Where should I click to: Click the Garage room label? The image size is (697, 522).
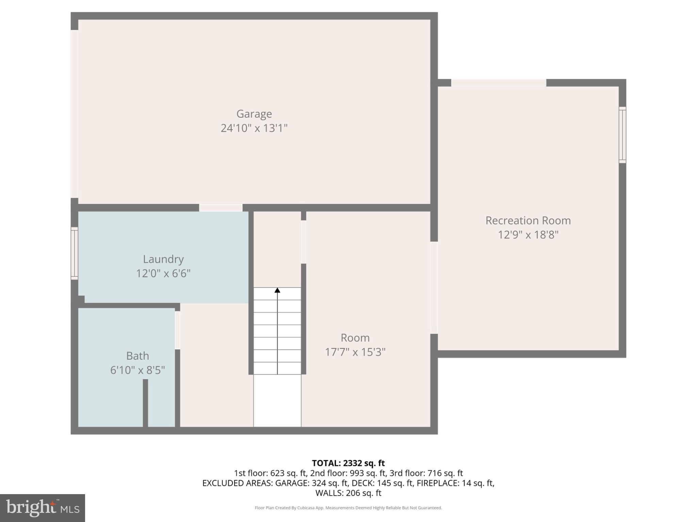click(254, 114)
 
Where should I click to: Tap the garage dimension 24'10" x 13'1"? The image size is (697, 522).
click(254, 128)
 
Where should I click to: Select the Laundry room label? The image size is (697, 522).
click(163, 259)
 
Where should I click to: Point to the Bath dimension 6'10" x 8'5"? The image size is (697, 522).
click(137, 370)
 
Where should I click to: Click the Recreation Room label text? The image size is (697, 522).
click(528, 220)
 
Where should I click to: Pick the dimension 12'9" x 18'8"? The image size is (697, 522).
click(528, 235)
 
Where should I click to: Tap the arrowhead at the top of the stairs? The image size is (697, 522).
click(277, 290)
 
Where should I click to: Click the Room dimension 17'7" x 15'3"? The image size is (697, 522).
click(355, 352)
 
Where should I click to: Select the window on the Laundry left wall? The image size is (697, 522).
click(74, 253)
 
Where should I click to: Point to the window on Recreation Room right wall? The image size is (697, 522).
click(622, 135)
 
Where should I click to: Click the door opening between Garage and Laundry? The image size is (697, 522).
click(221, 208)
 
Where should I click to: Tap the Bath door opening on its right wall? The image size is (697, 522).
click(177, 330)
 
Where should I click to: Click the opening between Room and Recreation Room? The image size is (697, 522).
click(434, 288)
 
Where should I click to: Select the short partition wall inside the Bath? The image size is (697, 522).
click(145, 403)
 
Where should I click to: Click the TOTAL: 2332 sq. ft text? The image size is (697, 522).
click(348, 463)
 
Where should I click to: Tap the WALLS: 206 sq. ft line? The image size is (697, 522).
click(348, 493)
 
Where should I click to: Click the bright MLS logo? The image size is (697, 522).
click(42, 508)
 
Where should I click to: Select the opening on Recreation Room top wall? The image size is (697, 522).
click(499, 83)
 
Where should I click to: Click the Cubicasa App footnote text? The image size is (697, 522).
click(348, 508)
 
